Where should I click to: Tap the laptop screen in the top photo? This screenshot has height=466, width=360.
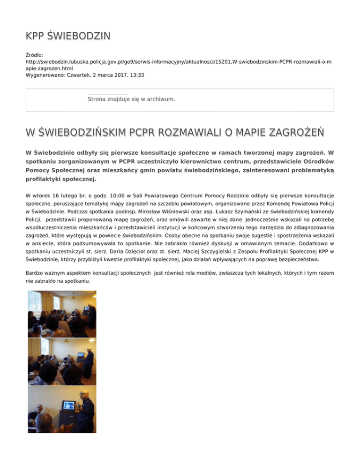[87, 308]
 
